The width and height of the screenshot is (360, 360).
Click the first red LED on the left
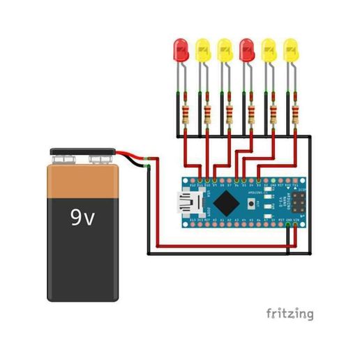point(181,50)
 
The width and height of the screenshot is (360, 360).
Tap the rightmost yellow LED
point(290,50)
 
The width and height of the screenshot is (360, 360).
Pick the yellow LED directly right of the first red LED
point(203,50)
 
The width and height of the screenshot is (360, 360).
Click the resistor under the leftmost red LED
point(186,113)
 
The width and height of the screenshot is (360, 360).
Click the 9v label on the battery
point(82,218)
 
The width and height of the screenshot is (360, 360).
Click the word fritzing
point(289,313)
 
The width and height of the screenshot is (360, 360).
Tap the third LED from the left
point(225,50)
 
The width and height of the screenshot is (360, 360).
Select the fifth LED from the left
point(269,50)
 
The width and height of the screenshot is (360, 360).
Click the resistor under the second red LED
point(251,113)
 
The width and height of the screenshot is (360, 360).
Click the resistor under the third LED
point(229,113)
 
